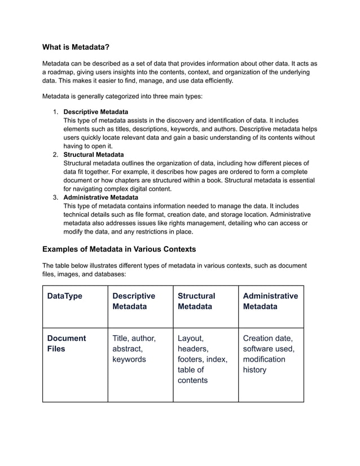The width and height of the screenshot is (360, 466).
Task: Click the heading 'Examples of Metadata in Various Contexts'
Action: (118, 249)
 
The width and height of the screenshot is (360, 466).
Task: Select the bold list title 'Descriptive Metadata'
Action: (95, 112)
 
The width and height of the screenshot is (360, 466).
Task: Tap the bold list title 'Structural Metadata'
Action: (94, 155)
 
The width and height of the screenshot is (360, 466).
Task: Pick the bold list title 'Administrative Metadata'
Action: (100, 197)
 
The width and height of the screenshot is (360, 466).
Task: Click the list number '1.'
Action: (56, 112)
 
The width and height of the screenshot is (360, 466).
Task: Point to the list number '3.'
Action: (56, 197)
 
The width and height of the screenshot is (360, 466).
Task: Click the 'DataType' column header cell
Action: (64, 296)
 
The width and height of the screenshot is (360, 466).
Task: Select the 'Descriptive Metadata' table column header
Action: (134, 301)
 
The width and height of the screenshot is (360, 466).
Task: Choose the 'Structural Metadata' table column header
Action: (196, 301)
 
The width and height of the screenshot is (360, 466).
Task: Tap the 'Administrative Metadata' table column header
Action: (270, 301)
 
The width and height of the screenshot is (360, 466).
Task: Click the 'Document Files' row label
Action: (67, 344)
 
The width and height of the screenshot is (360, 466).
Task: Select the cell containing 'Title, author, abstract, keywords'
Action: (134, 349)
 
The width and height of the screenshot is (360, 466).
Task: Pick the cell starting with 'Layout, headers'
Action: (202, 359)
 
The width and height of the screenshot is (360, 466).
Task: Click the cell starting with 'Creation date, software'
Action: (268, 354)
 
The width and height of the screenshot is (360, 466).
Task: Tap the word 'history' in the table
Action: (254, 370)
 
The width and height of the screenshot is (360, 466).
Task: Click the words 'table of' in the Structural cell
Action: (191, 370)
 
